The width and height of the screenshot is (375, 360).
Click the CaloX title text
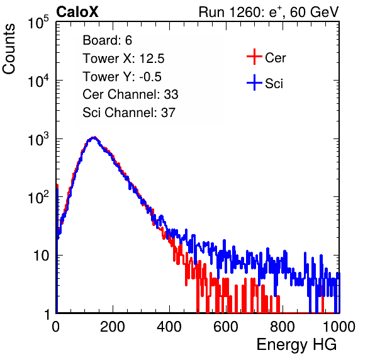(77, 12)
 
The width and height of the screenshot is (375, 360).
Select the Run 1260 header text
(269, 12)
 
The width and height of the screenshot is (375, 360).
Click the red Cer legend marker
(254, 57)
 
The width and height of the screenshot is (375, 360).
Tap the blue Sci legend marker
(254, 82)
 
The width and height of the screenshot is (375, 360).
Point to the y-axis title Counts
(9, 49)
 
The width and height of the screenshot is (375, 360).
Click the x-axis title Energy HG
(296, 345)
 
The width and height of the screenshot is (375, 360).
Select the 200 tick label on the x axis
(113, 327)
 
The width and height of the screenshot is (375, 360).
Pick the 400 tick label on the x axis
(169, 327)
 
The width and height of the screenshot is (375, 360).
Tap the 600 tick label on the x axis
(226, 327)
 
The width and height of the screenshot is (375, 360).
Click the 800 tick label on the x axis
(283, 327)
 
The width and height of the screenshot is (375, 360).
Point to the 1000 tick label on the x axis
(339, 327)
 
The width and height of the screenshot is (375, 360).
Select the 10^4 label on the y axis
(38, 81)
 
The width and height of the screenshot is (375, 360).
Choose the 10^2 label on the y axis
(38, 197)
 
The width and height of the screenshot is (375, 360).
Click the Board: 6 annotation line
(107, 40)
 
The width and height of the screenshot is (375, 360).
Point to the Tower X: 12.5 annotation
(123, 59)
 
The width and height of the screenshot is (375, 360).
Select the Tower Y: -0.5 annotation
(122, 77)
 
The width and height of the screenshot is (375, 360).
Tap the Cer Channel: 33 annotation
(130, 94)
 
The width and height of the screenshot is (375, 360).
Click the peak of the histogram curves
(94, 138)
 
